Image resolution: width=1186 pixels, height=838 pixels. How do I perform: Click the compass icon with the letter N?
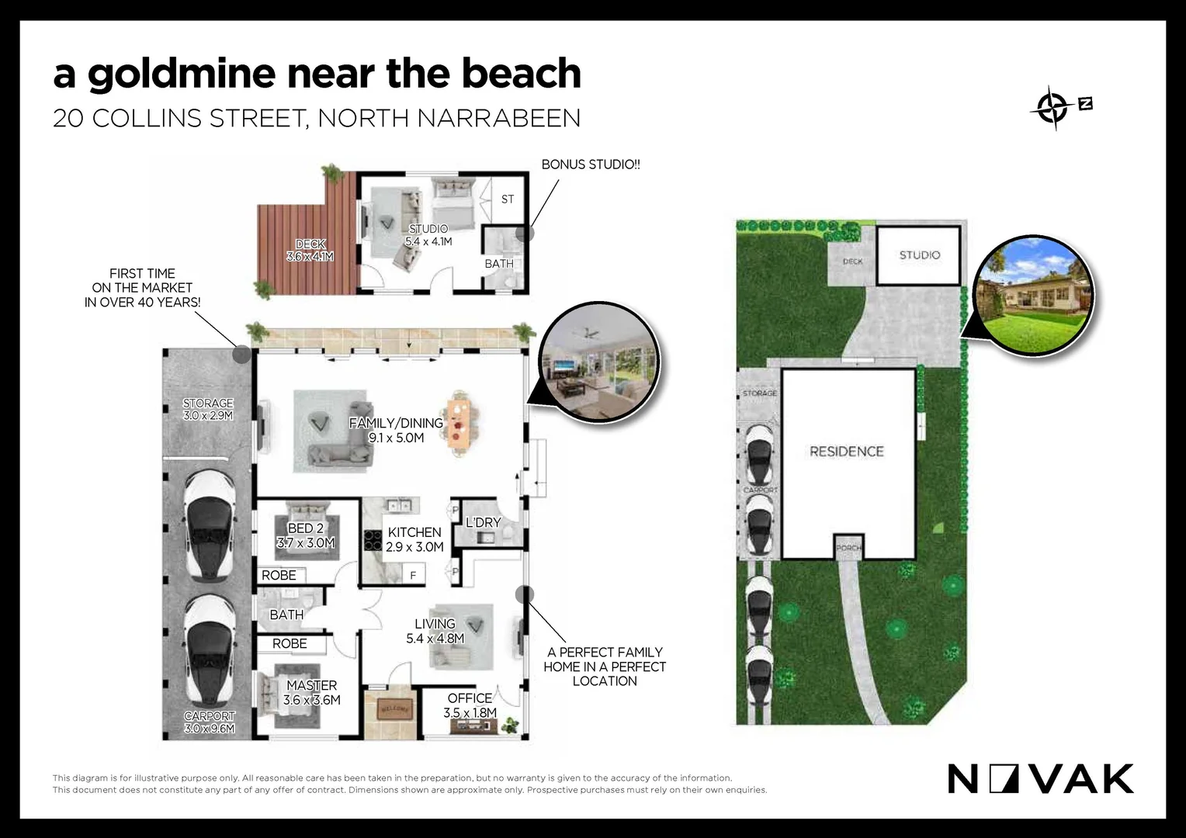[x=1060, y=107]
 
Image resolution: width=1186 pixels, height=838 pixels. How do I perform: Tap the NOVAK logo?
[x=1040, y=779]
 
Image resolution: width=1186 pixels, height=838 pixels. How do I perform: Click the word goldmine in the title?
[x=182, y=74]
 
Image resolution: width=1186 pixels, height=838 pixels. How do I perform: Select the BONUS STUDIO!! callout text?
[x=591, y=164]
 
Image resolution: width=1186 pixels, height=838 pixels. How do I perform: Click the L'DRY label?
[x=483, y=523]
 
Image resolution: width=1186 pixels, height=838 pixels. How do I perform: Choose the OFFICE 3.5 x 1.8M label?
[x=470, y=705]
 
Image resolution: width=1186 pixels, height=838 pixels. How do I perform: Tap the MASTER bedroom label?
[x=312, y=692]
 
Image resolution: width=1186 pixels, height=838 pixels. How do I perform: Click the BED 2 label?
[x=305, y=535]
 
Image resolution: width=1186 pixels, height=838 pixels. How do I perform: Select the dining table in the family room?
[x=460, y=424]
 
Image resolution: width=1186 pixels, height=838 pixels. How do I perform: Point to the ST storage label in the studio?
[x=508, y=199]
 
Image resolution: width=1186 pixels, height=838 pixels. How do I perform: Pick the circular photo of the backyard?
[x=1035, y=296]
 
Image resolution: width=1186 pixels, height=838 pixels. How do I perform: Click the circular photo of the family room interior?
[x=598, y=363]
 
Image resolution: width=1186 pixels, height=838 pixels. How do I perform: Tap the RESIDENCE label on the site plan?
[x=847, y=452]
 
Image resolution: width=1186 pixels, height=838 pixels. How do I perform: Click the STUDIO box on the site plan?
[x=920, y=255]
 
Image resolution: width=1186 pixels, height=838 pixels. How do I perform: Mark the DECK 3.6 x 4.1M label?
[x=310, y=250]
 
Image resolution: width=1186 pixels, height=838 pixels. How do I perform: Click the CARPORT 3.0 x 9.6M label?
[x=210, y=722]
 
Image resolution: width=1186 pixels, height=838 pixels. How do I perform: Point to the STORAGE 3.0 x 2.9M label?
[x=208, y=409]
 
